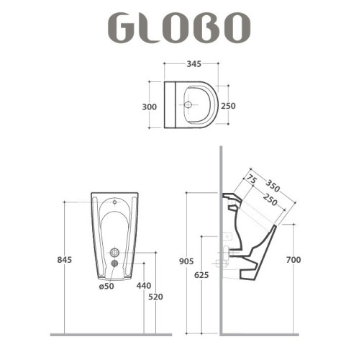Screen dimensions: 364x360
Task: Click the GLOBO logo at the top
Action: click(x=179, y=27)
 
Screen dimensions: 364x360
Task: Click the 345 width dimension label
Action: click(x=194, y=64)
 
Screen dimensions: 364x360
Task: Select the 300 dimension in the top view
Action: click(x=150, y=107)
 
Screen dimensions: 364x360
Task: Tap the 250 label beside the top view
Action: click(x=228, y=106)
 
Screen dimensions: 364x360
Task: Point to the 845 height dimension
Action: click(x=65, y=260)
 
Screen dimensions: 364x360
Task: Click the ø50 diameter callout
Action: click(x=106, y=286)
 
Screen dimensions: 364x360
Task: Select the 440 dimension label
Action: click(x=144, y=286)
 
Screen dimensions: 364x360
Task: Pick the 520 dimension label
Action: click(x=155, y=297)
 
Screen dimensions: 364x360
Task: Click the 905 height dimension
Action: click(x=186, y=261)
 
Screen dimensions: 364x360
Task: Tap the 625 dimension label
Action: click(x=201, y=275)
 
